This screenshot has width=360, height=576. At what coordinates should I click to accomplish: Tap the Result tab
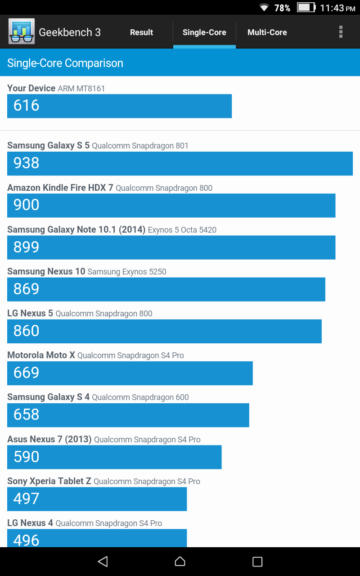point(141,32)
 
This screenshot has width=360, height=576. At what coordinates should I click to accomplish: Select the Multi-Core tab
point(267,32)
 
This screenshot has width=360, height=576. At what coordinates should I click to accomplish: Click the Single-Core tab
point(204,32)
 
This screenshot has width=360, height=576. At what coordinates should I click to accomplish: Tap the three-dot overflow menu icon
point(341,32)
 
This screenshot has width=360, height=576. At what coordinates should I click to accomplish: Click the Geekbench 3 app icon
point(21,32)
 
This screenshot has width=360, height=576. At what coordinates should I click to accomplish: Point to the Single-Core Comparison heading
point(65,63)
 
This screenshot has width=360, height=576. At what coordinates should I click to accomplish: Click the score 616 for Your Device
point(27,106)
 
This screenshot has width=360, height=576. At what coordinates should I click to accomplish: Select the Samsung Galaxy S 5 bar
point(180,163)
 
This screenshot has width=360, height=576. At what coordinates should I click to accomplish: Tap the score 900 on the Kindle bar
point(27,205)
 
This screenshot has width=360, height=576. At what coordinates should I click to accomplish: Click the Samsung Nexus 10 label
point(46,271)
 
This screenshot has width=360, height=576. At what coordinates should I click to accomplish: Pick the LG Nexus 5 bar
point(164,331)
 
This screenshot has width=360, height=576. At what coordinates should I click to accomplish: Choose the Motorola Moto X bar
point(130,373)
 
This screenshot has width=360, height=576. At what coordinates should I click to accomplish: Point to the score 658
point(27,415)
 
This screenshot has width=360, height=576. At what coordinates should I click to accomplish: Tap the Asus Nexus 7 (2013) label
point(49,439)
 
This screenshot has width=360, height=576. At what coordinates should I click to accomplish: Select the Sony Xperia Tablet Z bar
point(97,499)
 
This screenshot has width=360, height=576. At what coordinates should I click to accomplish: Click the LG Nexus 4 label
point(30,523)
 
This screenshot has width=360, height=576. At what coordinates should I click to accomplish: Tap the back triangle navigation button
point(103,561)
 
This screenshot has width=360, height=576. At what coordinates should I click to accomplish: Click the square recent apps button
point(257,561)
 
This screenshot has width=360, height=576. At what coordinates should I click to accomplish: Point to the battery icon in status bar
point(306,8)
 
